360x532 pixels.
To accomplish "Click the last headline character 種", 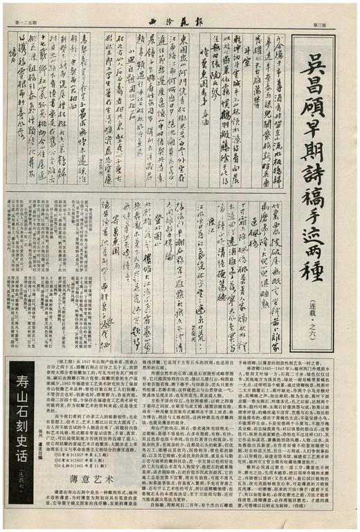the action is pyautogui.click(x=320, y=285).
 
